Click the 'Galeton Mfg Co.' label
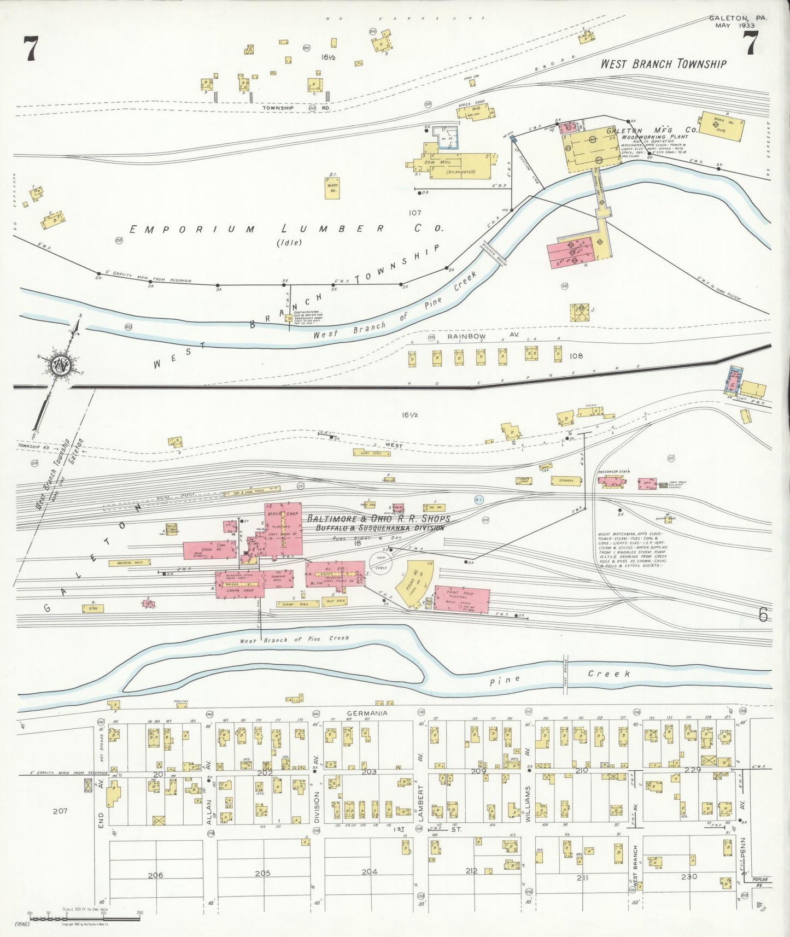652,131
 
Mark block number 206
156,875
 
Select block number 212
471,871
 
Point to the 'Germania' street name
367,713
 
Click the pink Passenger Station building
611,482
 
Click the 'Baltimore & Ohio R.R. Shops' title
378,518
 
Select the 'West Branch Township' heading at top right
663,64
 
